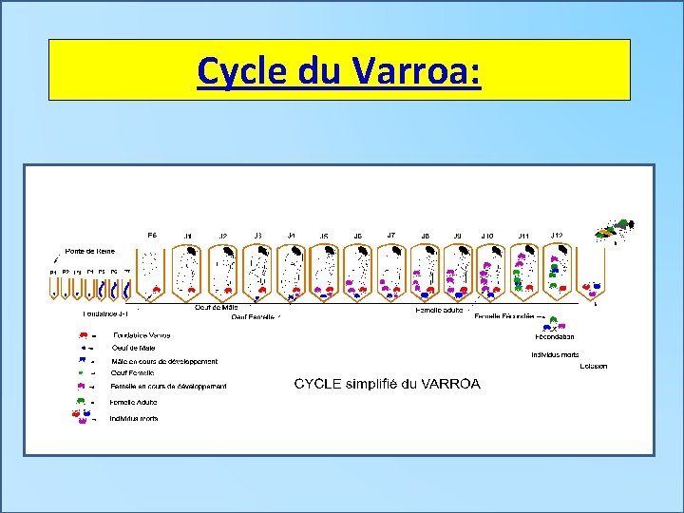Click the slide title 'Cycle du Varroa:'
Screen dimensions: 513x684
(339, 71)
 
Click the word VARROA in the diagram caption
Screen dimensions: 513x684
(451, 384)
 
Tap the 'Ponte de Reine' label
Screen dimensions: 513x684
(90, 251)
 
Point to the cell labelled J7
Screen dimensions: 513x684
(390, 268)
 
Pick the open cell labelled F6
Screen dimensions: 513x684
(151, 271)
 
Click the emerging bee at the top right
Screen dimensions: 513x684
(616, 228)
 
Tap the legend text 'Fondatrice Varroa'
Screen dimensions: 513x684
(142, 335)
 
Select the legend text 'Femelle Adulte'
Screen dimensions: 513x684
(134, 402)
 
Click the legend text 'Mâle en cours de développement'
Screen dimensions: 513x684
(163, 361)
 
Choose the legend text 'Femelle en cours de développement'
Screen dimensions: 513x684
(168, 387)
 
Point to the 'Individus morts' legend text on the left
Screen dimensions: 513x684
(134, 418)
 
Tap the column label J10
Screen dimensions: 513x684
(486, 236)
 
